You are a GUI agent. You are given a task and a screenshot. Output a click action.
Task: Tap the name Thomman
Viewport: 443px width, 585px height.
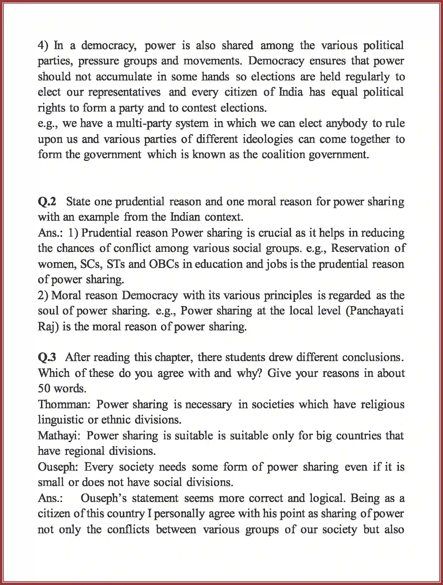(x=64, y=405)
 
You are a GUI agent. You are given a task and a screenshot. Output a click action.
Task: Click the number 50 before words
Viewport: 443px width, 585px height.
(x=44, y=389)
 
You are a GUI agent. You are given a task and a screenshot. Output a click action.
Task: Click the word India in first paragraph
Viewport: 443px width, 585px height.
(x=291, y=92)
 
